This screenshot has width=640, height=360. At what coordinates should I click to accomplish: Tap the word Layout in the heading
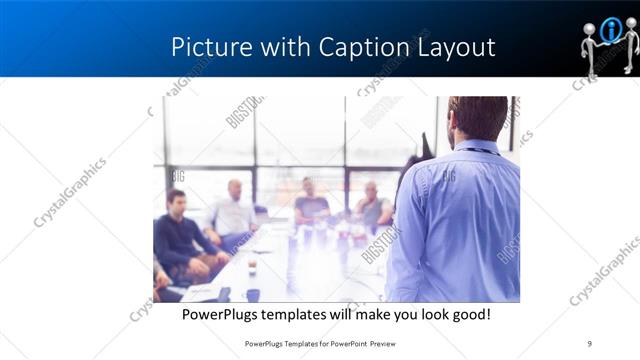pyautogui.click(x=455, y=47)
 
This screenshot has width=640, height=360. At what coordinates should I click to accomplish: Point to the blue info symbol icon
pyautogui.click(x=611, y=31)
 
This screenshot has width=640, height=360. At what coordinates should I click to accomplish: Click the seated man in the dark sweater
pyautogui.click(x=178, y=235)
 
